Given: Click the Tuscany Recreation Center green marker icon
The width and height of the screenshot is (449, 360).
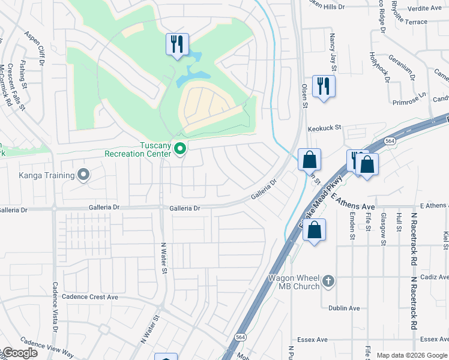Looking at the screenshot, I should [179, 148].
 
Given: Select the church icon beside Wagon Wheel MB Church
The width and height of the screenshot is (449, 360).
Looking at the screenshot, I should [328, 281].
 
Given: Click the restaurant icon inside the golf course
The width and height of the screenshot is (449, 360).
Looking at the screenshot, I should [177, 44].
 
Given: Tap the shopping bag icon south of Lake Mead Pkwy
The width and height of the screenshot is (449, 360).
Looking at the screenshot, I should [314, 230].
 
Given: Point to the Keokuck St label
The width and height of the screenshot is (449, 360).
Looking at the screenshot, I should [324, 128].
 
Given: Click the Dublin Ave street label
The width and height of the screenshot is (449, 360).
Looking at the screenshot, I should [343, 308].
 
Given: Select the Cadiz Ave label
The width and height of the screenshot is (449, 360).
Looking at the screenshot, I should [435, 277].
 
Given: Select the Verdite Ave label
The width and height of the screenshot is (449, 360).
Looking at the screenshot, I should [425, 8].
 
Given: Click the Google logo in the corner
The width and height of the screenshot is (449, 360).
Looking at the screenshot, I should [19, 353].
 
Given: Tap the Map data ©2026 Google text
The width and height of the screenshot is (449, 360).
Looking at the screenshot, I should [412, 355].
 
